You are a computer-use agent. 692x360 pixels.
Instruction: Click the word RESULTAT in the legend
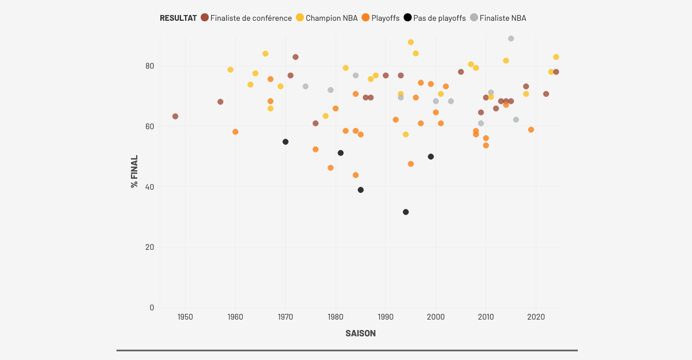coord(178,18)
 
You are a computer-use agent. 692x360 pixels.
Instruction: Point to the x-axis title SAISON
coord(360,333)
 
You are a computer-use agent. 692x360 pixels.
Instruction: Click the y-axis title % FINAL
coord(134,171)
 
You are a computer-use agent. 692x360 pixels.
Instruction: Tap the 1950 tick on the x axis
coord(185,317)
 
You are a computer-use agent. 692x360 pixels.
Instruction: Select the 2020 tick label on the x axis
coord(536,317)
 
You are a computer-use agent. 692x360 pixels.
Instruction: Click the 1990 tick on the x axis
coord(386,317)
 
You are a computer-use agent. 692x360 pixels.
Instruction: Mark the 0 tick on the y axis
coord(152,307)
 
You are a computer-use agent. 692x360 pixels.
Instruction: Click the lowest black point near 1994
coord(406,212)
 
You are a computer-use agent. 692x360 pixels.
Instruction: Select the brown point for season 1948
coord(175,117)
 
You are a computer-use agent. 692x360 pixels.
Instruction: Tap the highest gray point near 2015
coord(511,39)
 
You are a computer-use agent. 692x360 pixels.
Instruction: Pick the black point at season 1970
coord(285,142)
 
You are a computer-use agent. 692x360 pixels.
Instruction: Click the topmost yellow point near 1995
coord(411,42)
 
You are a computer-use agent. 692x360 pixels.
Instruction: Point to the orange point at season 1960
coord(235,132)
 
